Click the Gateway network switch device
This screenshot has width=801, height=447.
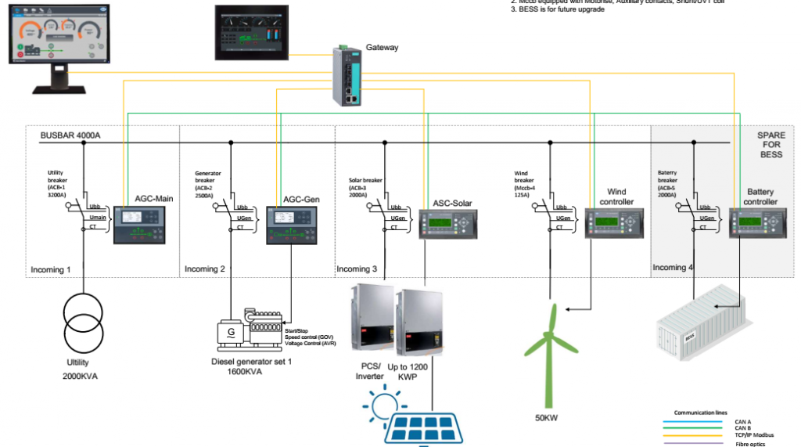point(344,76)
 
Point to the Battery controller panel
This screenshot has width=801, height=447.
point(753,226)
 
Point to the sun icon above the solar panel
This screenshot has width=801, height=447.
point(383,407)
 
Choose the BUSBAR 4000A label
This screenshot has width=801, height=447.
point(70,135)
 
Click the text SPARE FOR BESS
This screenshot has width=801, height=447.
point(770,145)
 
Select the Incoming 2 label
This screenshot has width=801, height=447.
point(205,269)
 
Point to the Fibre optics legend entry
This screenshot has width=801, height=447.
point(752,444)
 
